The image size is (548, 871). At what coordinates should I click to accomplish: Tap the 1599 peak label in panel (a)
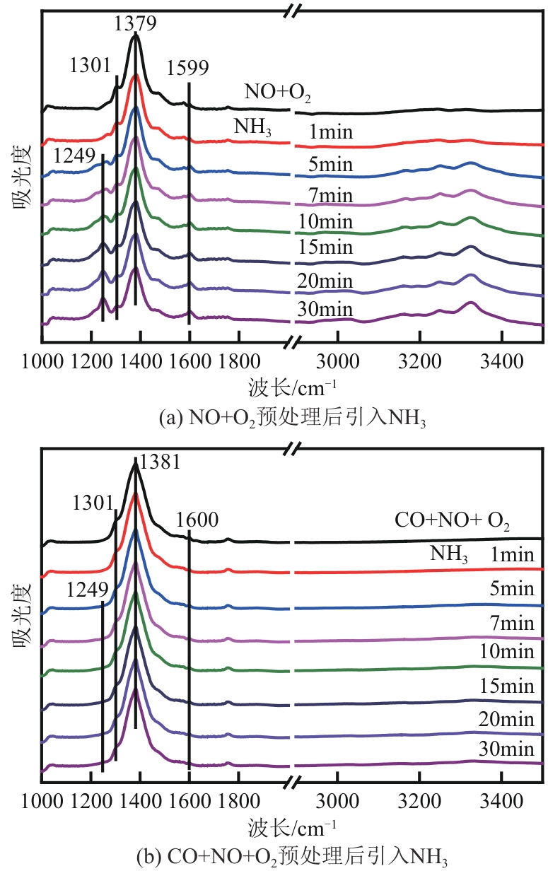coord(188,69)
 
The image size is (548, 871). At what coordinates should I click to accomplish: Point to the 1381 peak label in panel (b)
coord(160,463)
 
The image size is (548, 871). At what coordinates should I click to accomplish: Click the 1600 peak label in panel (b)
coord(197,520)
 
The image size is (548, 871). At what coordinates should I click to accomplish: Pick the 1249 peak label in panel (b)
coord(88,590)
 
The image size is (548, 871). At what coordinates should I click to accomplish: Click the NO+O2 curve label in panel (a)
coord(278,92)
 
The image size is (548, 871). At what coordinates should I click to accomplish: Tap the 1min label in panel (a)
coord(330,131)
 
